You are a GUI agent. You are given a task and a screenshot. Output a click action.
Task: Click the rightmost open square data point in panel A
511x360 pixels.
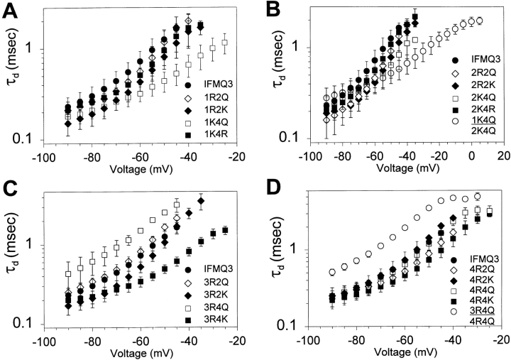pyautogui.click(x=225, y=43)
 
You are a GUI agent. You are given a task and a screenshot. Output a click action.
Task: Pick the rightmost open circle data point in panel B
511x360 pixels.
pyautogui.click(x=479, y=21)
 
